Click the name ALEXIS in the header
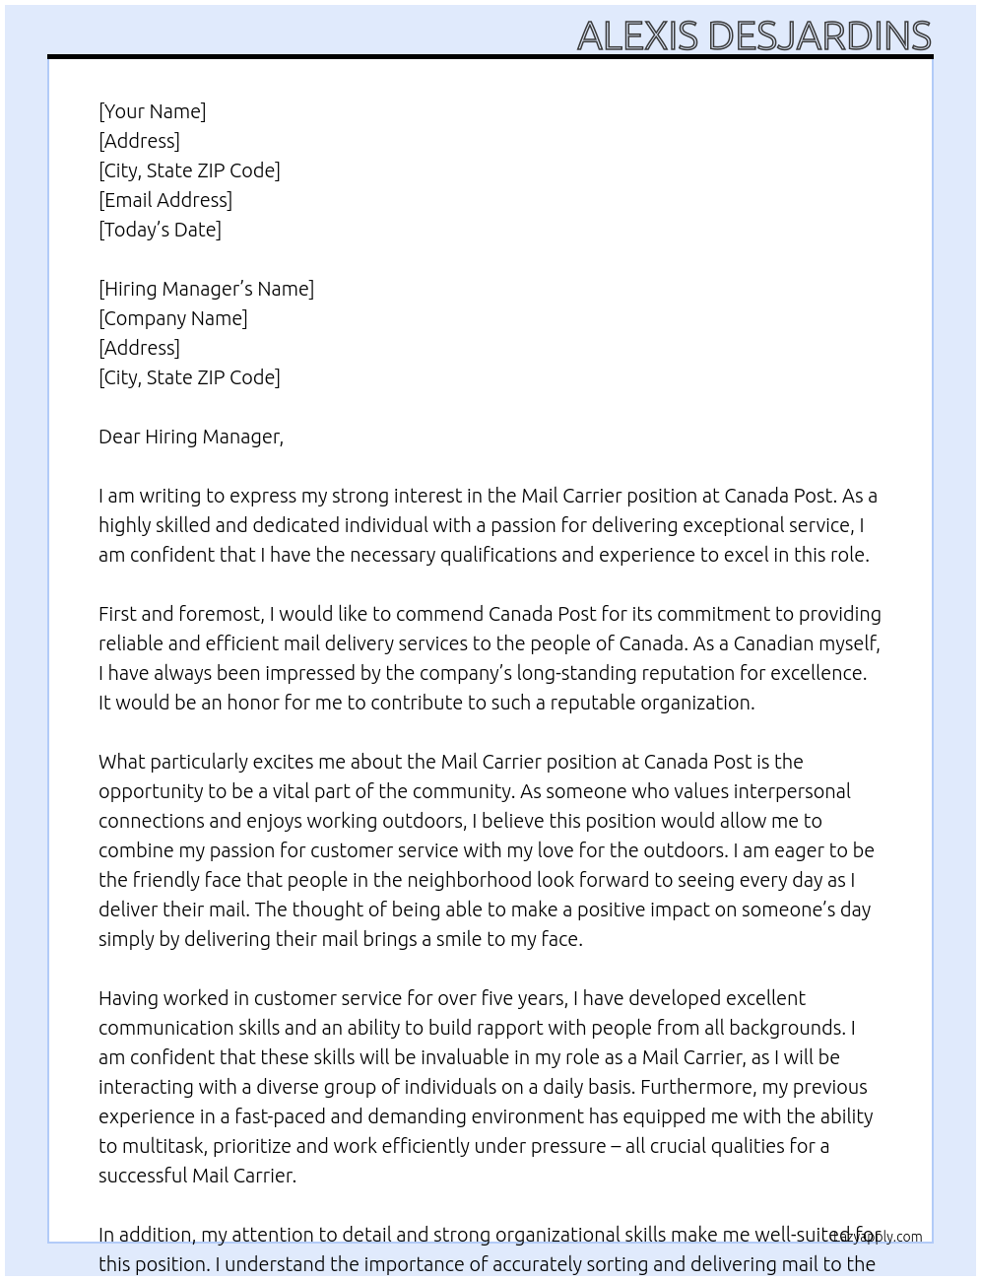pyautogui.click(x=638, y=35)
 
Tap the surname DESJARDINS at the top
pyautogui.click(x=819, y=35)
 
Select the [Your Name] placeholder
pyautogui.click(x=152, y=111)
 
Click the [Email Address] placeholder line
pyautogui.click(x=165, y=200)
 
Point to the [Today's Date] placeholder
pyautogui.click(x=160, y=230)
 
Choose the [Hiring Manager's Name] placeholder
pyautogui.click(x=206, y=289)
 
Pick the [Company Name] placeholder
pyautogui.click(x=173, y=318)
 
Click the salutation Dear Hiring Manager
pyautogui.click(x=190, y=437)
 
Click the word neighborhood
pyautogui.click(x=463, y=880)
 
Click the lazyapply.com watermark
pyautogui.click(x=877, y=1237)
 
